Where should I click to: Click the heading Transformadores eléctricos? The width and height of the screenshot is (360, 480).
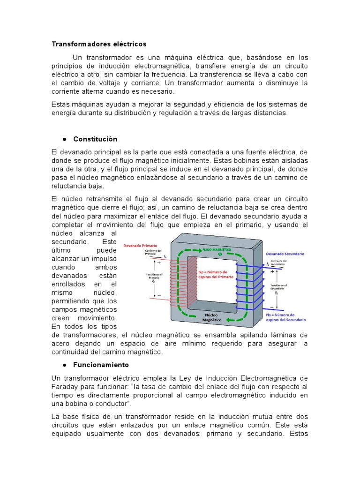(x=99, y=44)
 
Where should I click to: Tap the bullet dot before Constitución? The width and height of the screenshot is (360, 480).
(x=62, y=139)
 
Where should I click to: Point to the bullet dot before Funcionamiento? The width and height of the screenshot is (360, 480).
(x=62, y=364)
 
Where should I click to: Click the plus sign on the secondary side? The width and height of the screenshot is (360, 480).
(x=272, y=271)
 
